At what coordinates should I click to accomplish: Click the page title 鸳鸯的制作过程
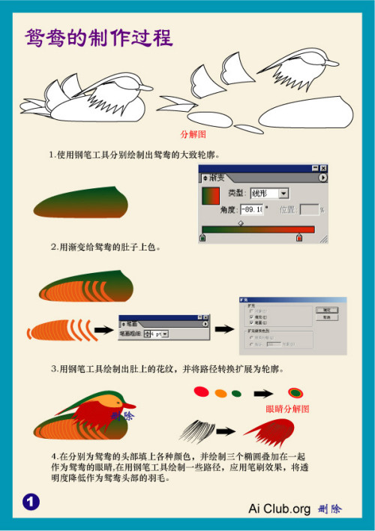point(98,37)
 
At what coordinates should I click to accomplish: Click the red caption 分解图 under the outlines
point(193,134)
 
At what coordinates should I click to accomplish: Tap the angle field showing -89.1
point(251,210)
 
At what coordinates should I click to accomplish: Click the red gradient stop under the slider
point(298,238)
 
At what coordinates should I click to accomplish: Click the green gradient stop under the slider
point(202,238)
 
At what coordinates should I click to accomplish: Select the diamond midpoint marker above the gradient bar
point(240,222)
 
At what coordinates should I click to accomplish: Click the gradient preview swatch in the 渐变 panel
point(210,196)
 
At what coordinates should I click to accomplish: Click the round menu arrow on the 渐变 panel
point(322,178)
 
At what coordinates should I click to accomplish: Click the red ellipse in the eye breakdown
point(201,391)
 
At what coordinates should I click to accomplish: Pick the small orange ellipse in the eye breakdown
point(220,392)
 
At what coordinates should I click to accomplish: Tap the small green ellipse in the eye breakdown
point(237,392)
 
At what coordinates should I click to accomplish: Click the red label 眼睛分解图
point(287,409)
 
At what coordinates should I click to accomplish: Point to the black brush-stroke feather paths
point(196,430)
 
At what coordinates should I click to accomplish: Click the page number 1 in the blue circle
point(31,501)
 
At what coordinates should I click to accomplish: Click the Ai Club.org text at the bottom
point(279,508)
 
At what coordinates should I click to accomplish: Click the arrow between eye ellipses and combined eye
point(263,392)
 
